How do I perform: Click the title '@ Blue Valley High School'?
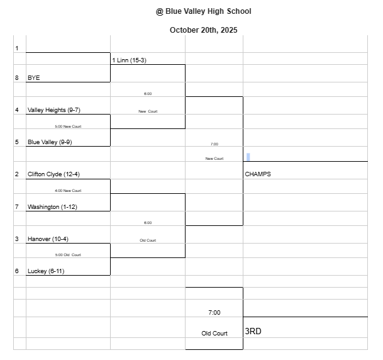click(x=203, y=11)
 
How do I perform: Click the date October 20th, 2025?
click(x=203, y=30)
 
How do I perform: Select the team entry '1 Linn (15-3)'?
click(x=129, y=60)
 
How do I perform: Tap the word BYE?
click(x=33, y=78)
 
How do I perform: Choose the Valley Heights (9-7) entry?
click(x=53, y=110)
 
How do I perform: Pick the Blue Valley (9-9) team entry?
click(x=50, y=142)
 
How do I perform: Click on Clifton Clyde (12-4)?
click(x=53, y=174)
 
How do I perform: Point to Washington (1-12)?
click(x=52, y=207)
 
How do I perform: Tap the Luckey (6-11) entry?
click(x=46, y=271)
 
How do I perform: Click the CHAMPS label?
click(x=258, y=174)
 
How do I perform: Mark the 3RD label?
click(x=253, y=331)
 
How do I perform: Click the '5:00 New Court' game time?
click(x=68, y=127)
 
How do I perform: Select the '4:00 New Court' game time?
click(x=68, y=191)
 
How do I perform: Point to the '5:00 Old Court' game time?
click(x=68, y=255)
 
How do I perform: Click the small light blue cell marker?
click(x=248, y=157)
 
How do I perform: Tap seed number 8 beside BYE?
click(x=17, y=78)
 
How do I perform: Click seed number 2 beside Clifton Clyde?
click(x=17, y=174)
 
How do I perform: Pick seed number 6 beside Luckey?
click(x=17, y=271)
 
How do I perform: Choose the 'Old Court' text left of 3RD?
click(x=214, y=334)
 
